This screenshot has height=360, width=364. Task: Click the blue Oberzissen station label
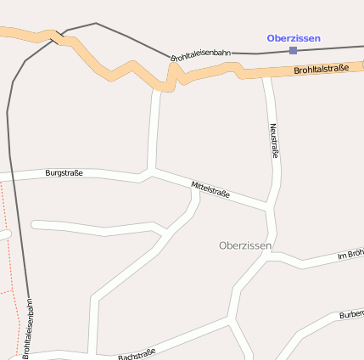(293, 38)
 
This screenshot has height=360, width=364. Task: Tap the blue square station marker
(293, 50)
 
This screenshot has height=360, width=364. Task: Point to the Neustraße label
(274, 141)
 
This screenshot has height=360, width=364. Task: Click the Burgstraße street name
(64, 173)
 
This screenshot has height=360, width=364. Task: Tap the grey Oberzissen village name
(245, 245)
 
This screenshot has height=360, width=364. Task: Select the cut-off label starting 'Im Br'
(350, 255)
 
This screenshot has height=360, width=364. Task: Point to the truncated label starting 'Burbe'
(351, 315)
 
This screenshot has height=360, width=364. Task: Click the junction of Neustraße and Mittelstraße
(270, 206)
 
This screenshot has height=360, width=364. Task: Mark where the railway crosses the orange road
(56, 37)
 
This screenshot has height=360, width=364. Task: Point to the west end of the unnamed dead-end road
(34, 224)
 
